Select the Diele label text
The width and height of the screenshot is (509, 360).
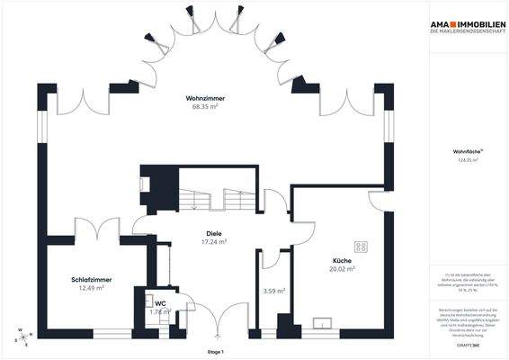click(213, 234)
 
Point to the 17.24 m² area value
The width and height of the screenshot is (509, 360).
click(213, 242)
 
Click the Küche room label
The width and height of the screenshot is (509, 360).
click(342, 259)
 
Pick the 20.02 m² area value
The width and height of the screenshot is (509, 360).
click(342, 267)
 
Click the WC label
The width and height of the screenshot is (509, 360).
click(160, 304)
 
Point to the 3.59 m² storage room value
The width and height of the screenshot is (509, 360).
click(274, 291)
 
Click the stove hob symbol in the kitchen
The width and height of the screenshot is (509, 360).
click(362, 246)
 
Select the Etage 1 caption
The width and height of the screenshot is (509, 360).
click(214, 351)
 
